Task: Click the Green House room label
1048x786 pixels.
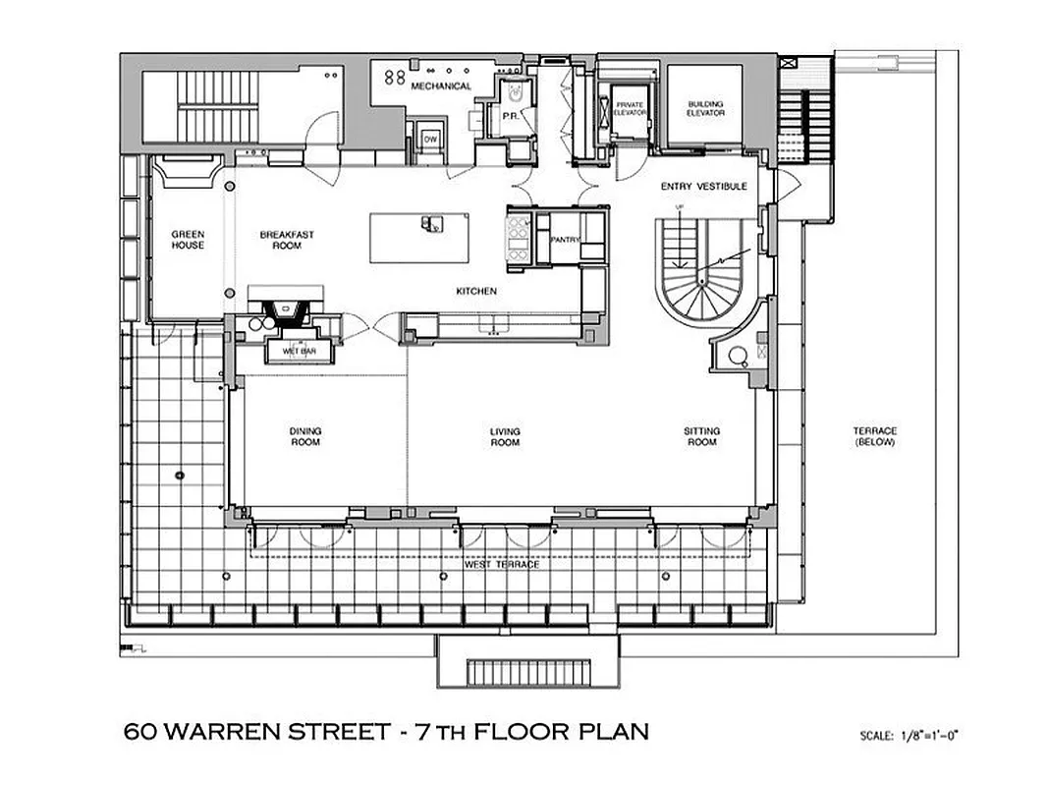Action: tap(188, 240)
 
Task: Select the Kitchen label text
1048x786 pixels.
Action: tap(476, 292)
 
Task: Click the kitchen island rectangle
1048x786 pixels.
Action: tap(418, 238)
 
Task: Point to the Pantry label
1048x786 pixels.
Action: tap(564, 240)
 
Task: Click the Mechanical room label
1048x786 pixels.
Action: tap(441, 86)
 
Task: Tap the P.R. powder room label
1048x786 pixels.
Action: tap(510, 115)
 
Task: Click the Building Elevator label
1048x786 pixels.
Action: tap(705, 108)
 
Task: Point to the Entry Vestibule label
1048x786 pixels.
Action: tap(710, 187)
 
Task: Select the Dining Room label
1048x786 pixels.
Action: tap(305, 436)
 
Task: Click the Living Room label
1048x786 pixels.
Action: tap(505, 436)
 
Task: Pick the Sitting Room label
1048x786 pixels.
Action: tap(701, 436)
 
